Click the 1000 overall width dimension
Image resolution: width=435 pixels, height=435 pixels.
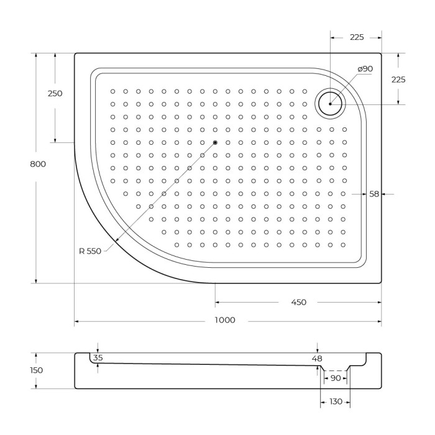pyautogui.click(x=225, y=320)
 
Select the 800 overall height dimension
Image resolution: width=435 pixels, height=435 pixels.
pyautogui.click(x=37, y=164)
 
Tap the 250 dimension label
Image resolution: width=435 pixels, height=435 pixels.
pyautogui.click(x=55, y=94)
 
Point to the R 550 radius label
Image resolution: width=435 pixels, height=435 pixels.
pyautogui.click(x=90, y=251)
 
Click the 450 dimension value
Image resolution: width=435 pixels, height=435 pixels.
pyautogui.click(x=298, y=303)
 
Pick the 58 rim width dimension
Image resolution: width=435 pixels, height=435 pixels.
pyautogui.click(x=374, y=194)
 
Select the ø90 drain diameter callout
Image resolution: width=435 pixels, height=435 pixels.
pyautogui.click(x=365, y=69)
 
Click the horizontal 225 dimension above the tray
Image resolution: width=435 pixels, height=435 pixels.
pyautogui.click(x=356, y=37)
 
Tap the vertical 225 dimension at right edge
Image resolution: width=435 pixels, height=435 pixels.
pyautogui.click(x=398, y=80)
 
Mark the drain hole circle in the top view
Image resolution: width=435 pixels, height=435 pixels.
pyautogui.click(x=330, y=103)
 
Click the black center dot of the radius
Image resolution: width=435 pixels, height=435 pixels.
pyautogui.click(x=215, y=142)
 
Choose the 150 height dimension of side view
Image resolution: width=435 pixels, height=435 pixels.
pyautogui.click(x=37, y=370)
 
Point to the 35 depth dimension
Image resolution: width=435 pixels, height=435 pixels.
pyautogui.click(x=98, y=358)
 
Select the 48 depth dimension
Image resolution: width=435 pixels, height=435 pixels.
pyautogui.click(x=318, y=359)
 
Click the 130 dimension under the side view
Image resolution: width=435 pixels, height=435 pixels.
pyautogui.click(x=336, y=402)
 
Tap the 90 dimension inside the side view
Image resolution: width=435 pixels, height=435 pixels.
pyautogui.click(x=335, y=378)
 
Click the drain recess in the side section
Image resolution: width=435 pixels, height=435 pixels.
pyautogui.click(x=335, y=370)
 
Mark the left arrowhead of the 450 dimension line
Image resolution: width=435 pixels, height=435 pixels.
pyautogui.click(x=217, y=303)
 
